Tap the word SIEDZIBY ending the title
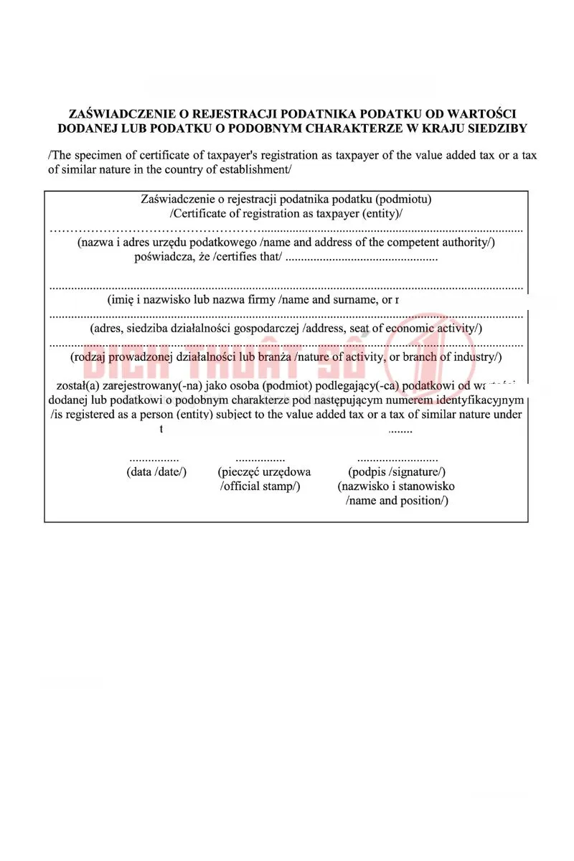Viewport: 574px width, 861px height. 495,129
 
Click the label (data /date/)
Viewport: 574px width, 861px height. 156,472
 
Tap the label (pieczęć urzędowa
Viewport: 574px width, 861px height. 264,472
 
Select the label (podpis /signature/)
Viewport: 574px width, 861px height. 397,472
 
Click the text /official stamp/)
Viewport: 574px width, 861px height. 260,486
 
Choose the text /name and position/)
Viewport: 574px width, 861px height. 397,501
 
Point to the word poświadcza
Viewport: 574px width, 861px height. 164,257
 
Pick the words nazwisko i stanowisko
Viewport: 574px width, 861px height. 397,486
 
